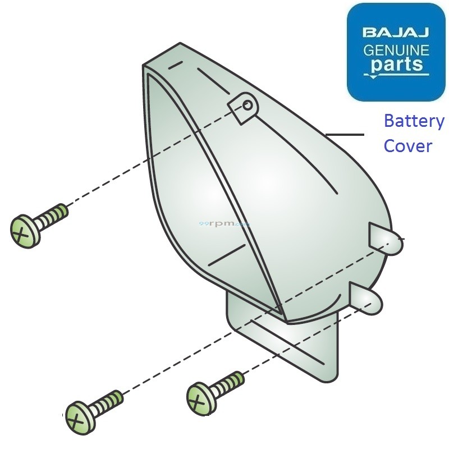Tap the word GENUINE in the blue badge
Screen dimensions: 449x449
click(x=396, y=51)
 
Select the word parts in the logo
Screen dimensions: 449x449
click(x=396, y=65)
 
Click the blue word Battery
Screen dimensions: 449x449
click(x=414, y=121)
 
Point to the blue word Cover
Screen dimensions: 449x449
click(x=407, y=146)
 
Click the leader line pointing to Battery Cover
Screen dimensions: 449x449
click(x=345, y=135)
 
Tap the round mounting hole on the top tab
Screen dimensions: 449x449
click(x=247, y=106)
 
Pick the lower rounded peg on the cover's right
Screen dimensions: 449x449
click(x=368, y=299)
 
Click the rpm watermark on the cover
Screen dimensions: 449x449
click(x=224, y=223)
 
